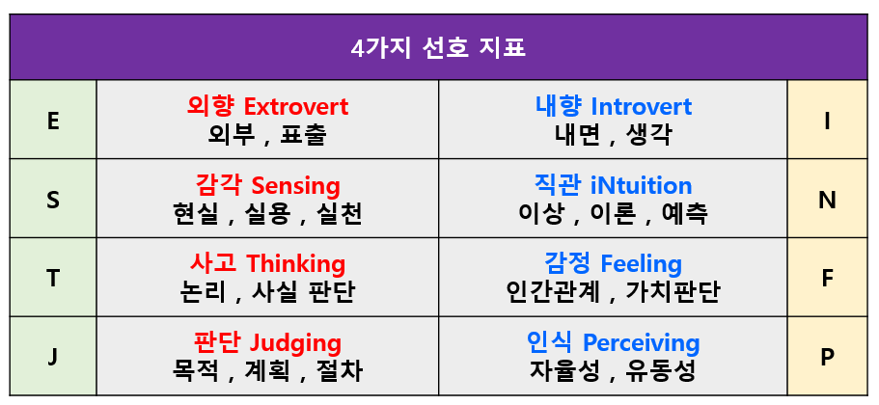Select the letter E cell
(x=53, y=121)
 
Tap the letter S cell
(x=53, y=200)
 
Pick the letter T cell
(x=53, y=279)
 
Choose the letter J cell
(x=53, y=357)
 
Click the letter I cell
(x=827, y=121)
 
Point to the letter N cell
(x=827, y=200)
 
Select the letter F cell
(x=827, y=279)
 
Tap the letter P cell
(x=827, y=357)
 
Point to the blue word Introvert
(x=641, y=106)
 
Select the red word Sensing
(x=295, y=185)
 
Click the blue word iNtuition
(x=641, y=185)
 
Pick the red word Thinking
(x=295, y=263)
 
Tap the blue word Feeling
(x=641, y=263)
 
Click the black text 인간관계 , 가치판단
(x=613, y=291)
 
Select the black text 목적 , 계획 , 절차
(x=267, y=370)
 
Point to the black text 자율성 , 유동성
(x=613, y=370)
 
